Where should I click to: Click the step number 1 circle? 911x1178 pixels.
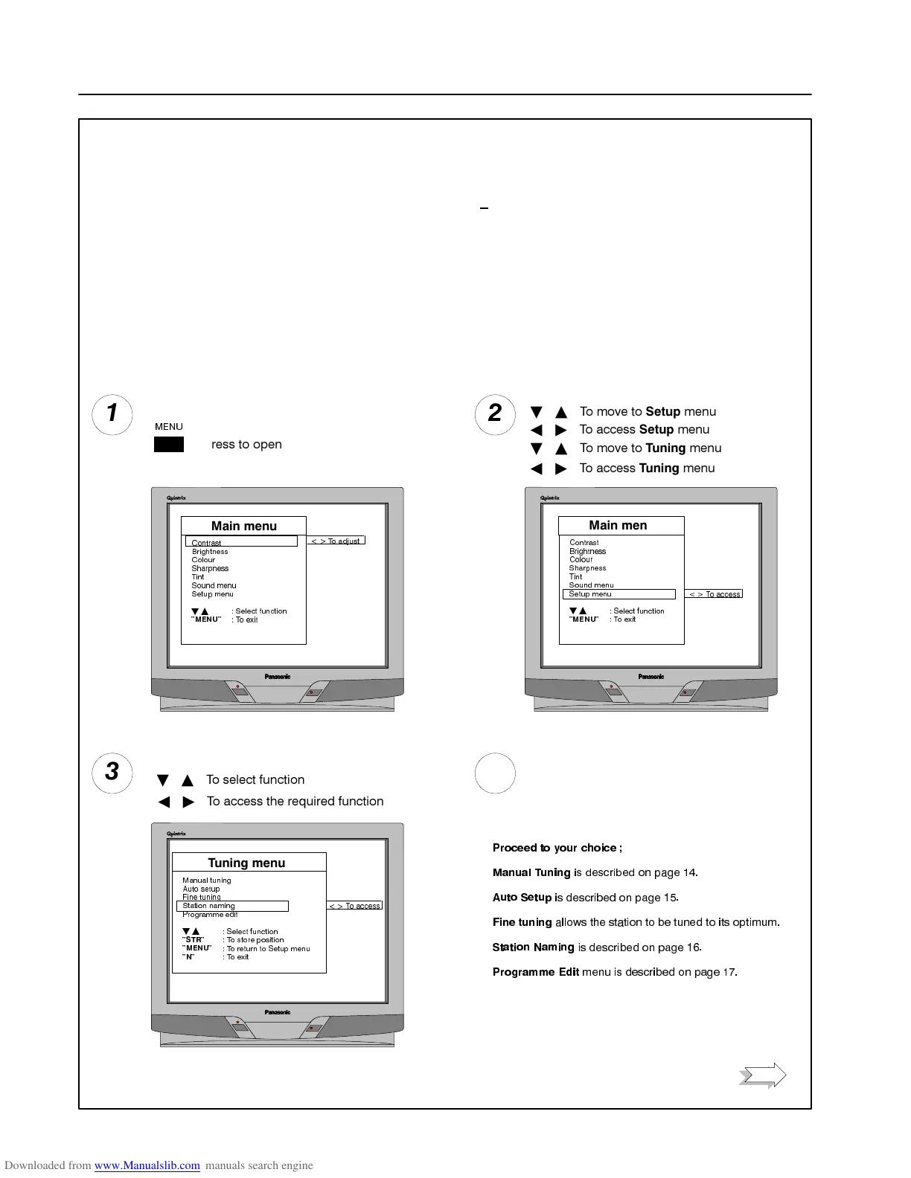tap(112, 414)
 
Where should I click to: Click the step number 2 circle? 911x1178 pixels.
tap(495, 414)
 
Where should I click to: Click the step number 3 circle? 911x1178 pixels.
tap(112, 773)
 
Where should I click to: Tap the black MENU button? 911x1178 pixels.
tap(169, 445)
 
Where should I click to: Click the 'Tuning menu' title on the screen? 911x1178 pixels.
tap(246, 863)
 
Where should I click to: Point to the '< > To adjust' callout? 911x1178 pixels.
tap(336, 541)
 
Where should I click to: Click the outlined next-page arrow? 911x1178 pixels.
tap(763, 1075)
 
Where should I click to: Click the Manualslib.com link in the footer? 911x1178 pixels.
tap(147, 1165)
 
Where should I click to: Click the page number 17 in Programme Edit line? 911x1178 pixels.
tap(729, 972)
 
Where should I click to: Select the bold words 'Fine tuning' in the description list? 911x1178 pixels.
tap(522, 922)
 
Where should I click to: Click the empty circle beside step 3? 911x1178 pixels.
tap(495, 773)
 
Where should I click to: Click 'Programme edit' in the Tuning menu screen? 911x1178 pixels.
tap(210, 915)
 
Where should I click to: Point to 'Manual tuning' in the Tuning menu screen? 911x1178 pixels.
tap(207, 881)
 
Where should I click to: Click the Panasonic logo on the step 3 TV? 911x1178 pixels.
tap(278, 1012)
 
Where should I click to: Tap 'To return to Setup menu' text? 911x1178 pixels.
tap(268, 949)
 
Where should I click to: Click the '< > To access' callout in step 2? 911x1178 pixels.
tap(714, 594)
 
